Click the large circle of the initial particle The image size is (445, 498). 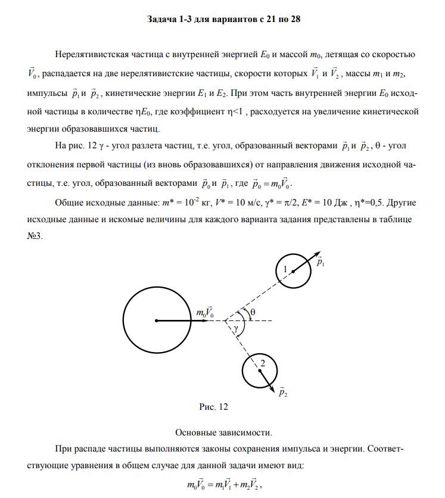click(156, 320)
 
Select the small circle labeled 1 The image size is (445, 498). click(294, 270)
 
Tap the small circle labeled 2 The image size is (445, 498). click(260, 371)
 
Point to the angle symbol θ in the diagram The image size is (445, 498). click(253, 312)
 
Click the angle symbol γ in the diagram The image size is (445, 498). click(236, 328)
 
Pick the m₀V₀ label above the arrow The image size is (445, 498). click(205, 312)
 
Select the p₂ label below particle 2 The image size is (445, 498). click(284, 394)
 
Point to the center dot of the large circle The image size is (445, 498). click(156, 320)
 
